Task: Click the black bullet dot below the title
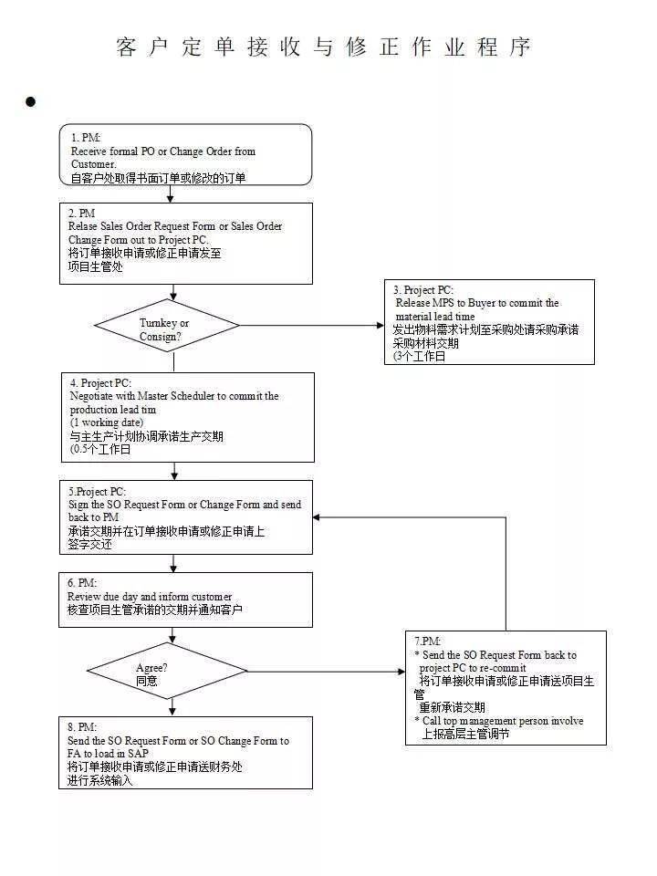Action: coord(31,101)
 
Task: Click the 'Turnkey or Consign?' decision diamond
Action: coord(167,325)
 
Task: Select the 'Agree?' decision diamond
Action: coord(167,671)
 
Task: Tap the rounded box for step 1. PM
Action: coord(185,154)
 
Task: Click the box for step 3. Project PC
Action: coord(489,322)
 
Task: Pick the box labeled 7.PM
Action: coord(506,688)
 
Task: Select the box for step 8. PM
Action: coord(185,753)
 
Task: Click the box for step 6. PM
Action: coord(185,600)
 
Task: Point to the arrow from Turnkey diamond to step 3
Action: coord(312,325)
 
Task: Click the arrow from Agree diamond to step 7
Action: coord(327,671)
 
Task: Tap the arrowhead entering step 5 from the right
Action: coord(317,517)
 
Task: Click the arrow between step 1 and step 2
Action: coord(171,193)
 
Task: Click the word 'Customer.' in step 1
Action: coord(94,164)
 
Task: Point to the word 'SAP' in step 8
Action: coord(138,753)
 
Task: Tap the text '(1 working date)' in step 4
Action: coord(107,422)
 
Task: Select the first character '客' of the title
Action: coord(127,47)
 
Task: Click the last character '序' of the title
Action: coord(519,47)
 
